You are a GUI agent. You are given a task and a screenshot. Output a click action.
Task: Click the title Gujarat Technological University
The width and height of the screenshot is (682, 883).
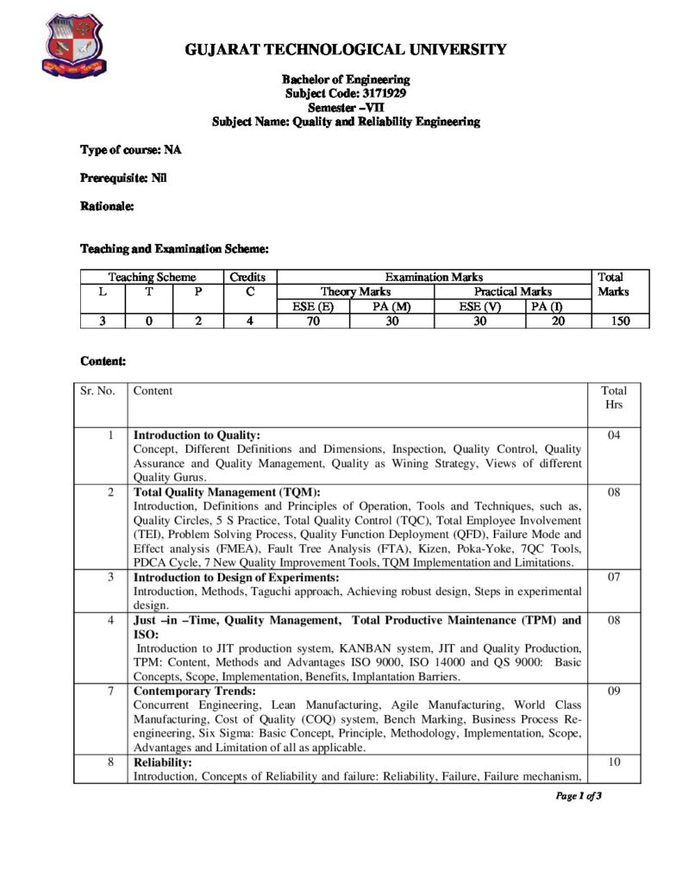(x=346, y=49)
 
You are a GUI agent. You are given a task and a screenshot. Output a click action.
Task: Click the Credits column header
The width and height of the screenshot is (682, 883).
(x=247, y=277)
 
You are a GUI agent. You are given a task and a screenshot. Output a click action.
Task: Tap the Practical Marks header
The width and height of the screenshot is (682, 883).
(x=512, y=291)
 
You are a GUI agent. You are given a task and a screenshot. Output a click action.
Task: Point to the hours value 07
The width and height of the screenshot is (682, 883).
(x=614, y=577)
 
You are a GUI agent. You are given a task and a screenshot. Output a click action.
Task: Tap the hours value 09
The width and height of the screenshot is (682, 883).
(x=614, y=691)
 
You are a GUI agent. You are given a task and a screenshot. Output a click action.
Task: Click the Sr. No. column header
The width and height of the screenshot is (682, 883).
(x=97, y=391)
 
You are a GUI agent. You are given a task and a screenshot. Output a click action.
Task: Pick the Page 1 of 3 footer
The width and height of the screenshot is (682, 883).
(x=579, y=796)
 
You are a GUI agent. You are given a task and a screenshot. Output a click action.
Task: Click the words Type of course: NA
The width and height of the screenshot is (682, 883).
(x=131, y=150)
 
